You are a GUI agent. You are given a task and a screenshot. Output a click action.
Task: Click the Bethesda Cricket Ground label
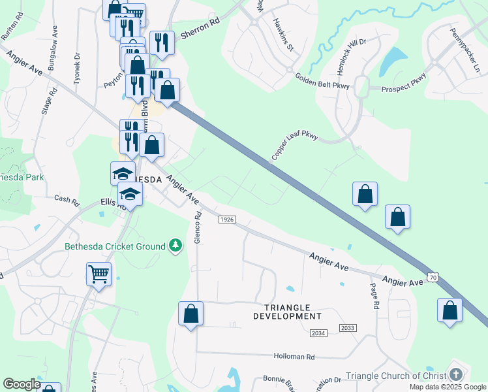(115, 246)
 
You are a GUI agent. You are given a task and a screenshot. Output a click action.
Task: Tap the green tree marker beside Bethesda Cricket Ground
(175, 246)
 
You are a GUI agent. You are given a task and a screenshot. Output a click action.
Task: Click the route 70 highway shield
(432, 277)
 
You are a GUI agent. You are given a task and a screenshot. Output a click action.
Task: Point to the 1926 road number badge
(226, 220)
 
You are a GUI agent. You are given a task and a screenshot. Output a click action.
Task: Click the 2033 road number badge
(348, 328)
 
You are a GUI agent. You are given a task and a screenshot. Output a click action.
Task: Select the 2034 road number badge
(318, 333)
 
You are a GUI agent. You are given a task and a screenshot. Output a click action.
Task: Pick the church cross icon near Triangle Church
(455, 375)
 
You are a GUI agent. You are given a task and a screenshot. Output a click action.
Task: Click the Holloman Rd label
(294, 357)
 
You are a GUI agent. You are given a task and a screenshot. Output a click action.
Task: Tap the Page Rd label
(374, 296)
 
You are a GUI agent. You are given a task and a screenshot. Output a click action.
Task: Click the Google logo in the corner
(22, 384)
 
